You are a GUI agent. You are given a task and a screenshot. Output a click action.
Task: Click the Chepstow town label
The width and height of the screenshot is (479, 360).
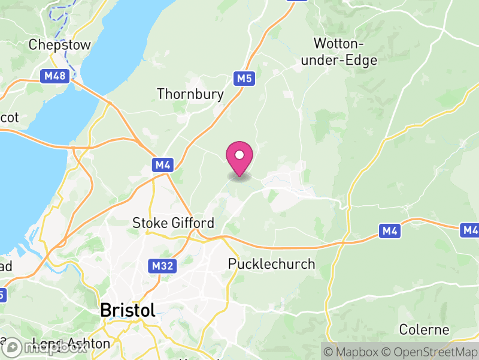click(x=60, y=45)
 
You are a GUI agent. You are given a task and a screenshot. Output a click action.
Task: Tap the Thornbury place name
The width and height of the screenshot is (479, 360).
click(x=190, y=94)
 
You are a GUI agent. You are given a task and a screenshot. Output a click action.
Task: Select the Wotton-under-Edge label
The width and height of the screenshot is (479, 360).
click(x=346, y=52)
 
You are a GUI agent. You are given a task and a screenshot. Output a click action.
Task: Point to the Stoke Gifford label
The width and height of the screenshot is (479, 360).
click(x=173, y=223)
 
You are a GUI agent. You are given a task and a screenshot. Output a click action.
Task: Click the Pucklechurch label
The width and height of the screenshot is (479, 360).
click(x=272, y=264)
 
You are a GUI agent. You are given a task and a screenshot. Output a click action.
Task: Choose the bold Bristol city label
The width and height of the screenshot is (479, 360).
click(x=128, y=310)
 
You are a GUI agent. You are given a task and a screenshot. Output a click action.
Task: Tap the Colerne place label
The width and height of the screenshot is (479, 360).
click(x=424, y=330)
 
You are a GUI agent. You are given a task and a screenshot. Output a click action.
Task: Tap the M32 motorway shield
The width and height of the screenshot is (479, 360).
click(x=161, y=265)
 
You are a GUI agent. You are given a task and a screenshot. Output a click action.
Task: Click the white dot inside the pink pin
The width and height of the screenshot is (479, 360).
click(x=239, y=155)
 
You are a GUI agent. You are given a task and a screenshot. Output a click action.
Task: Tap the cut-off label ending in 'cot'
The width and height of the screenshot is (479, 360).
click(x=9, y=118)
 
